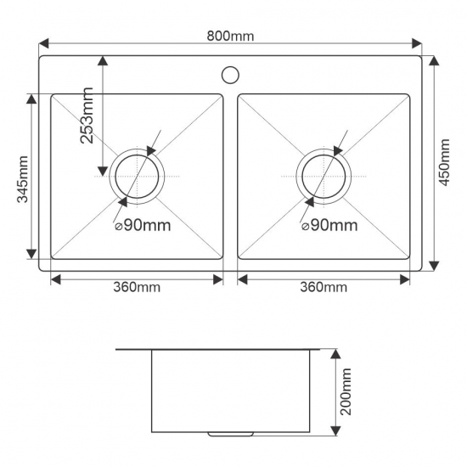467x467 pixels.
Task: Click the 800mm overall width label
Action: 231,36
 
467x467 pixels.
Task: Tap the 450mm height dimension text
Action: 447,161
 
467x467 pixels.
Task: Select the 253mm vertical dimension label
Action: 88,115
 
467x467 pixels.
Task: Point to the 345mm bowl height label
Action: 23,179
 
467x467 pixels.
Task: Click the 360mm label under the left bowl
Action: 137,287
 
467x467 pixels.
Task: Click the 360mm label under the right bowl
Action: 324,287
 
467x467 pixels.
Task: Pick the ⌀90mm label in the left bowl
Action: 143,225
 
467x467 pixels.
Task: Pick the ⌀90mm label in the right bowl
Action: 329,225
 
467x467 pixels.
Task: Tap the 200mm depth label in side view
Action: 347,392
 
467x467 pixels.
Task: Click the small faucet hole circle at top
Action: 230,74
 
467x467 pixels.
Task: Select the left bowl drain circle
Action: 138,177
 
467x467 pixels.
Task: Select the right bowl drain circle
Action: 324,177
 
